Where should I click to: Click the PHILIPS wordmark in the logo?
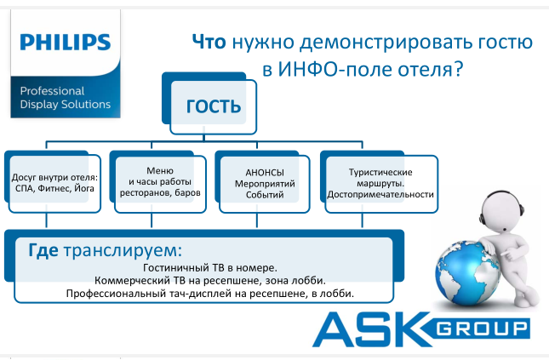[66, 42]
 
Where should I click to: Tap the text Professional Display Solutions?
[66, 98]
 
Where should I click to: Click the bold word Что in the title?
[209, 42]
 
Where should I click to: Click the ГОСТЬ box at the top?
[214, 107]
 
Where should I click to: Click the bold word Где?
[43, 250]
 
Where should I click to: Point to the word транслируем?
[123, 251]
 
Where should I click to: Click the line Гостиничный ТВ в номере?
[210, 268]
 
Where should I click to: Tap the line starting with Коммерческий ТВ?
[210, 281]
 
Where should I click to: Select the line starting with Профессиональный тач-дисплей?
[210, 294]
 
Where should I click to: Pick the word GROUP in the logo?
[483, 329]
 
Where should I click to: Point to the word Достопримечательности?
[380, 195]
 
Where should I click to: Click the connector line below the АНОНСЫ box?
[257, 220]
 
